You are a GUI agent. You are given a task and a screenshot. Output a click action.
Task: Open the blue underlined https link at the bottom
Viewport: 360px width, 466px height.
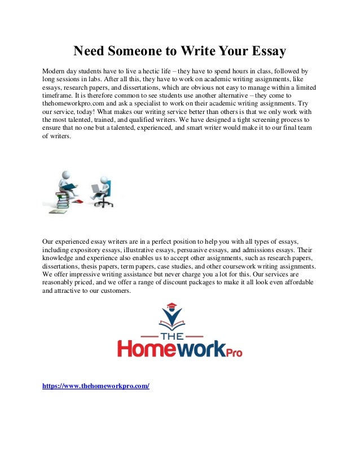pos(96,387)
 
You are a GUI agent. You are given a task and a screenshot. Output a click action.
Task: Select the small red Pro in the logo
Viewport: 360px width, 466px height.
pos(231,353)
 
